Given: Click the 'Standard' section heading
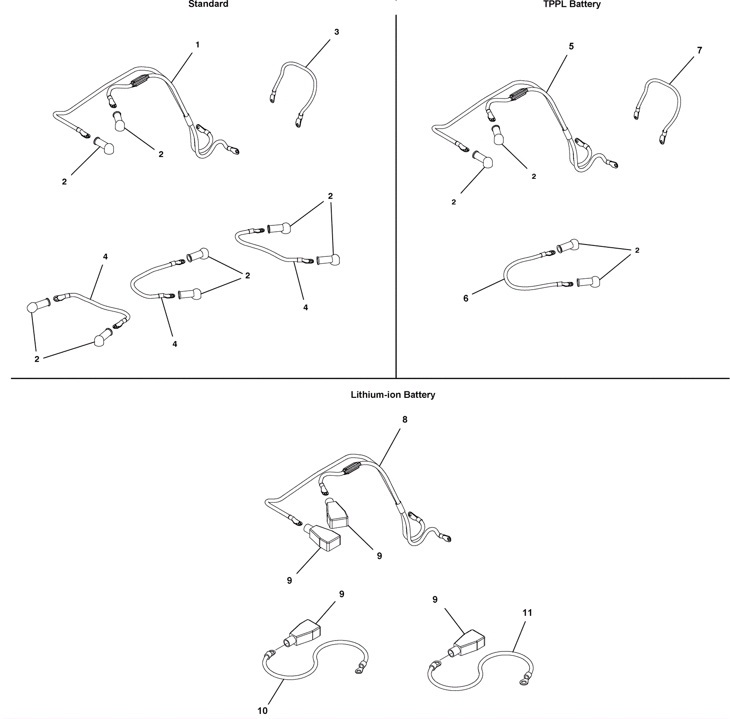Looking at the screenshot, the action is point(208,4).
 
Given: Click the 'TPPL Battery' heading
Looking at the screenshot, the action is point(572,4).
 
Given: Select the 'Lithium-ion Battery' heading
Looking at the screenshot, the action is point(393,395).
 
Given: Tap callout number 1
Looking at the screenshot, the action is point(198,45).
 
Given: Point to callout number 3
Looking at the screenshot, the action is point(337,32).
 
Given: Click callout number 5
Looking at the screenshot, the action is point(571,46).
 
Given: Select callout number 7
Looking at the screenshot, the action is point(699,50).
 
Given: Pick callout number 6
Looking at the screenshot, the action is point(466,298).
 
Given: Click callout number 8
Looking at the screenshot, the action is point(405,419).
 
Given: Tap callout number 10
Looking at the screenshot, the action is point(262,711).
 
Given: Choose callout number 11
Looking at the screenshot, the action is point(527,613).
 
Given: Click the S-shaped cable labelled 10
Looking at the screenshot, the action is point(315,657).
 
